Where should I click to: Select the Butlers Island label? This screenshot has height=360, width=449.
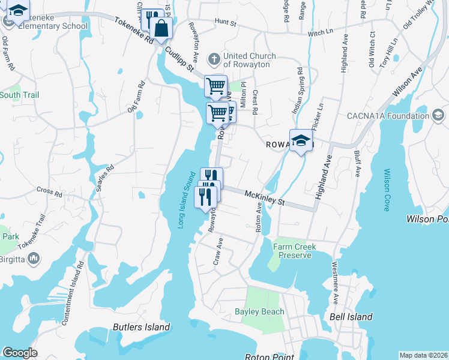[x=142, y=327]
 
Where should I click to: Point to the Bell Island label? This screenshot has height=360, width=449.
[x=351, y=317]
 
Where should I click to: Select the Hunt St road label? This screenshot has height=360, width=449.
[x=226, y=22]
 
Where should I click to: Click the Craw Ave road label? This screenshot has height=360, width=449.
[x=218, y=251]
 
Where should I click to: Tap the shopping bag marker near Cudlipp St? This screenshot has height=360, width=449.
[x=161, y=28]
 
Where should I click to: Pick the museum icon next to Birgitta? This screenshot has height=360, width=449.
[x=34, y=259]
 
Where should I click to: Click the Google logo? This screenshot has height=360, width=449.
[x=20, y=353]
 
